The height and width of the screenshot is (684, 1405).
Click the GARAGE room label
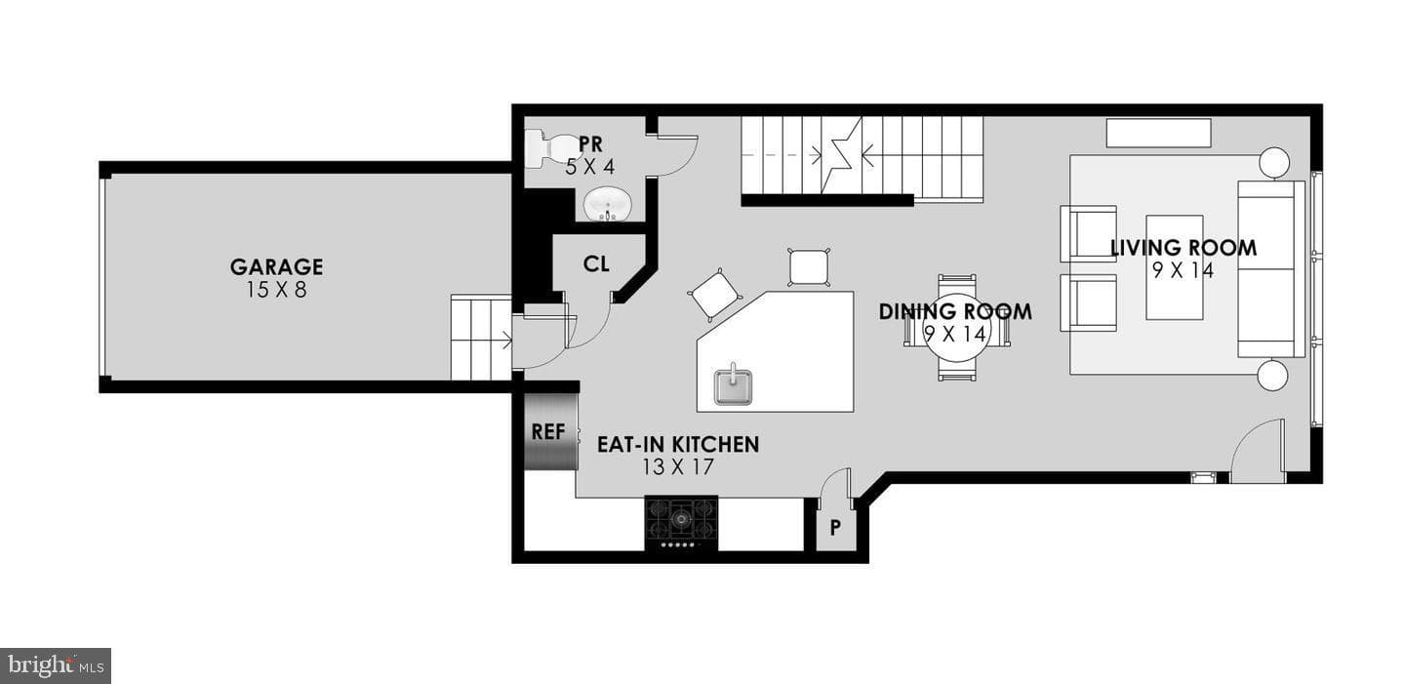(x=277, y=266)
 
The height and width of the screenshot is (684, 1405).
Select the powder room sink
(x=609, y=205)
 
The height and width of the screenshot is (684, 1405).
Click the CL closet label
(x=596, y=264)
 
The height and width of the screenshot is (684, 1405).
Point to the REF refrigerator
(x=550, y=431)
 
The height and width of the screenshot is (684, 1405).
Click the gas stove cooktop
(x=682, y=522)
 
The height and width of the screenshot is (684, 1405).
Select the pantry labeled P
(x=835, y=526)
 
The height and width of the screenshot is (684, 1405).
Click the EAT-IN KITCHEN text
(x=678, y=444)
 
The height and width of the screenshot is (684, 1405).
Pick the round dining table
(x=956, y=328)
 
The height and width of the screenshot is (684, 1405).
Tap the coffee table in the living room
(x=1174, y=268)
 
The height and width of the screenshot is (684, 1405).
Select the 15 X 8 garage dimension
(x=277, y=290)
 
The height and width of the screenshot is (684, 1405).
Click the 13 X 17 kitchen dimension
(x=678, y=466)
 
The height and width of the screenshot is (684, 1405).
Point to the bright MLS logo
(x=56, y=665)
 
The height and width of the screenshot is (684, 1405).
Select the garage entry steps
(x=481, y=338)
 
